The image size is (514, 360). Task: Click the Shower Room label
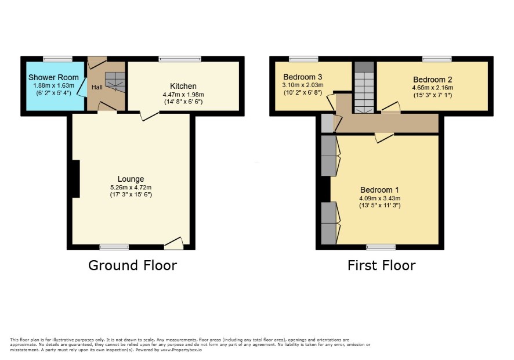point(53,77)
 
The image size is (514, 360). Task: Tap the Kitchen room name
point(183,86)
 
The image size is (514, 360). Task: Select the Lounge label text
point(131,179)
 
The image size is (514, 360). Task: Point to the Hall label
point(97,87)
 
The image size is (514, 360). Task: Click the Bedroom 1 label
point(379,190)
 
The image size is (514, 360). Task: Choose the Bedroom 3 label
point(303,77)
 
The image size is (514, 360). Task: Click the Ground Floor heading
point(132,265)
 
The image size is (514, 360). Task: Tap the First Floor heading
point(382,265)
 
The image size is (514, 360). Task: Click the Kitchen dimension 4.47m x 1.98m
point(183,95)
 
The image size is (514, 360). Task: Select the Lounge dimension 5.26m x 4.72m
point(131,188)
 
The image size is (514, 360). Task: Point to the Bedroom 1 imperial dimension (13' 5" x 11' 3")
point(379,206)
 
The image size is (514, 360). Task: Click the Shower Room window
point(57,59)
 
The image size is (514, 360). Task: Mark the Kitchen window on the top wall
point(180,59)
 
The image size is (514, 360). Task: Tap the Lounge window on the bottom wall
point(114,247)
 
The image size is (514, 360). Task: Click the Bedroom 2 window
point(437,59)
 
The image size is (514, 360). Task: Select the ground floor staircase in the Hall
point(115,82)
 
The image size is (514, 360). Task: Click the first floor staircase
point(364,88)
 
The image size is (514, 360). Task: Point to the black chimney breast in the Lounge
point(76,179)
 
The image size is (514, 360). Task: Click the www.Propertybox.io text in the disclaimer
point(181,350)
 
